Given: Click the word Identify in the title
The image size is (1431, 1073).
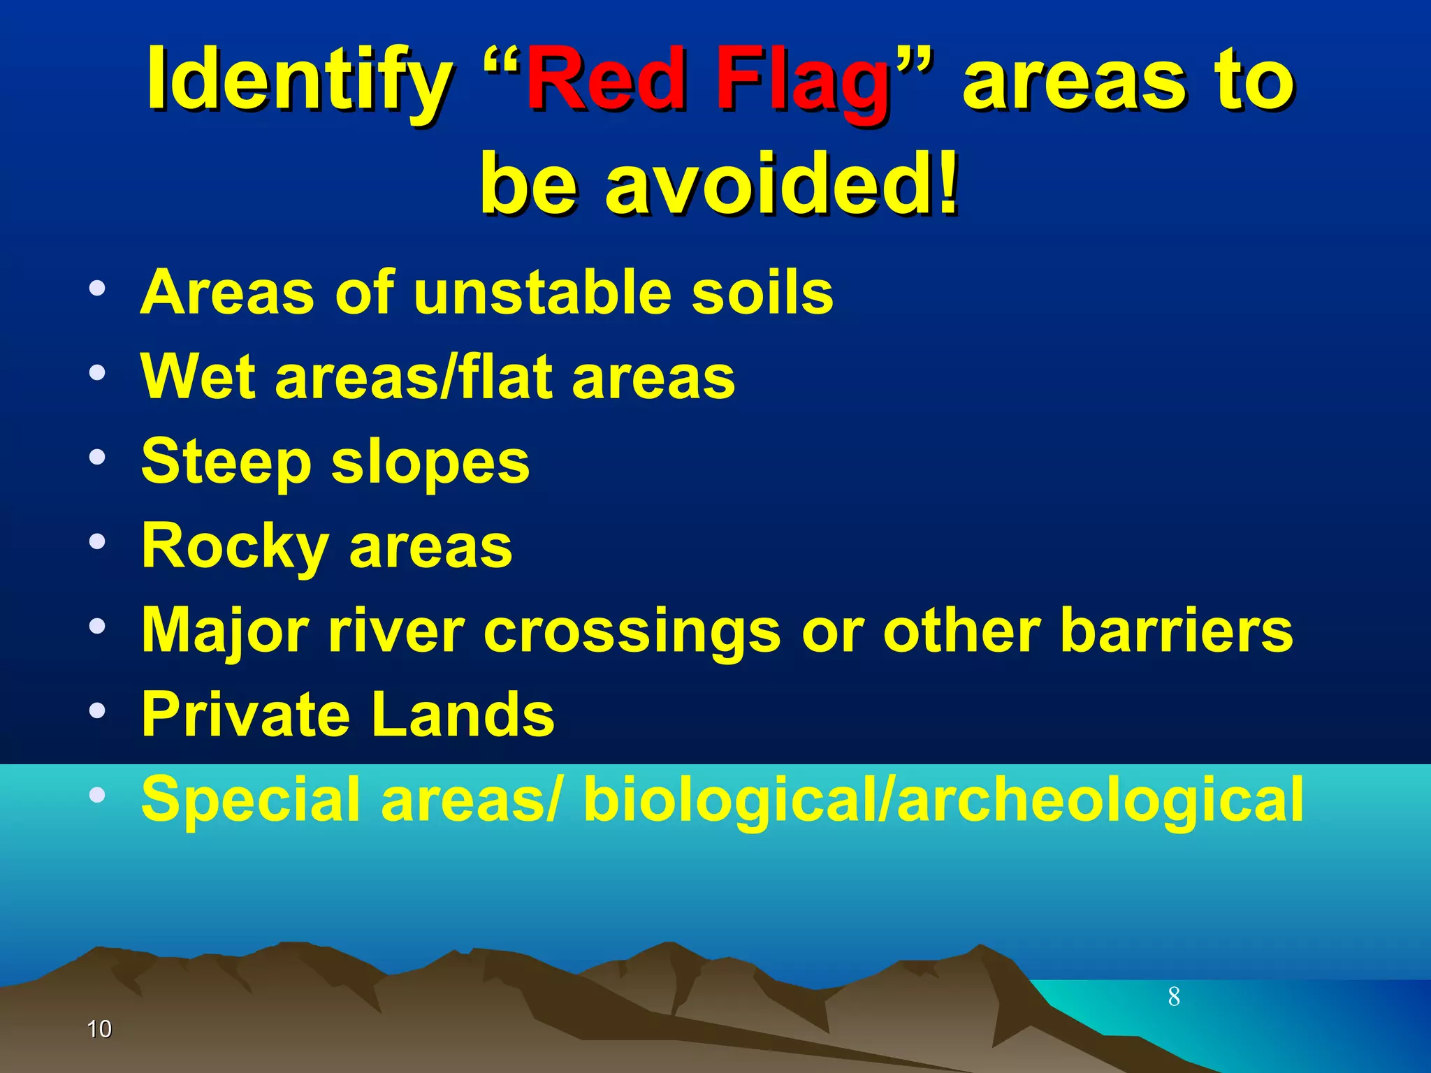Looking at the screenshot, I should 299,80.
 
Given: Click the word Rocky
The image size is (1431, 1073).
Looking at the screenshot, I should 235,547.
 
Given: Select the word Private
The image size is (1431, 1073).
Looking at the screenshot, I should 245,715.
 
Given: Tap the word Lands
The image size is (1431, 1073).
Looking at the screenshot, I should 463,715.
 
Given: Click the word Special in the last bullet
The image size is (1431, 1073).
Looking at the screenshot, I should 251,800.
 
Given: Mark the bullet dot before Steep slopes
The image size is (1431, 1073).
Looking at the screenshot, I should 97,458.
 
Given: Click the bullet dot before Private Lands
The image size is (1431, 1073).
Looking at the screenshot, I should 97,710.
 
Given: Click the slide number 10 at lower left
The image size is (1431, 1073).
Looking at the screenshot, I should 99,1029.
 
